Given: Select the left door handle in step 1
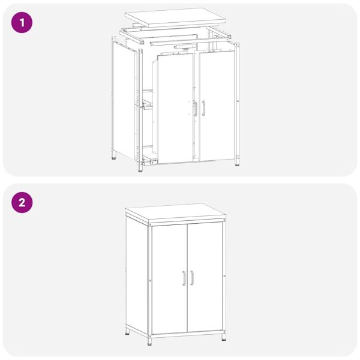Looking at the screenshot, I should click(x=195, y=108).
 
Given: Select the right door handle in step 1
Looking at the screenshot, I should click(x=204, y=107).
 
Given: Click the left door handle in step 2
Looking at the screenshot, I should click(x=184, y=278).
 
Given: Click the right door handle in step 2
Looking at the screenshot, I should click(x=192, y=278).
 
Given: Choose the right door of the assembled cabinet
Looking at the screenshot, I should click(x=205, y=277).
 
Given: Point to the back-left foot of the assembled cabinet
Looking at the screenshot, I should click(x=127, y=331).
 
